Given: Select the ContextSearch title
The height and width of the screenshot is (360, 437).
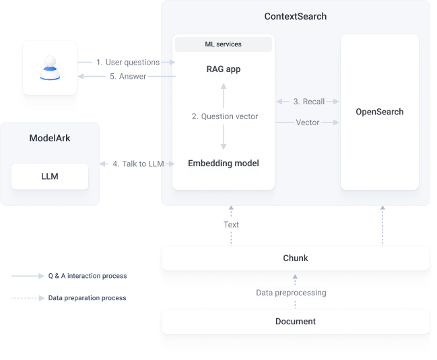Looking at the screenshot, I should [296, 15].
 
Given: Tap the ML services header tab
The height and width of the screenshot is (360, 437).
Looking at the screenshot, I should [223, 44].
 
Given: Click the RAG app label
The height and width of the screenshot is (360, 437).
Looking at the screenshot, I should [223, 69].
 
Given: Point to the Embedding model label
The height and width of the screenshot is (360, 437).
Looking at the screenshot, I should [223, 163].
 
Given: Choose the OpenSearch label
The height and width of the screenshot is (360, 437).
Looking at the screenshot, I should [380, 112].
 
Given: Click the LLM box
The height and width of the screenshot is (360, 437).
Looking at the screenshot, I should [50, 176].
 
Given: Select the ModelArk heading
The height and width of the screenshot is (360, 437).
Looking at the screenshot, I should [50, 138].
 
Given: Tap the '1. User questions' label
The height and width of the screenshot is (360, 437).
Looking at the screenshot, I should [128, 63].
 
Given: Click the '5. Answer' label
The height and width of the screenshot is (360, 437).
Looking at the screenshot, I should [128, 77].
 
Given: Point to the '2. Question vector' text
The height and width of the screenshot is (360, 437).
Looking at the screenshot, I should [225, 116].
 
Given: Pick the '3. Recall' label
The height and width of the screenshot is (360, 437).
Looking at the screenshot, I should [309, 102].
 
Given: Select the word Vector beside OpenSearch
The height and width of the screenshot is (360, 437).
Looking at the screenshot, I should [308, 122].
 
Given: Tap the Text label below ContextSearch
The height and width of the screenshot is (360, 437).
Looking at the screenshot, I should [231, 225].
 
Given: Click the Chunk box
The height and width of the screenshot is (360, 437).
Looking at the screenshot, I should [296, 258].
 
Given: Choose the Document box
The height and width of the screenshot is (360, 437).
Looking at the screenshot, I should [296, 322].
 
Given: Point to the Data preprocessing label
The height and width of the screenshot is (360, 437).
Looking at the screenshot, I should [291, 293].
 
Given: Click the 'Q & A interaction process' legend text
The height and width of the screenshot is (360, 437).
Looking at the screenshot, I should [88, 276].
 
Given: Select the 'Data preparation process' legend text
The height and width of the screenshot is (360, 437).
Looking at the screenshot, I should [87, 297].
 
